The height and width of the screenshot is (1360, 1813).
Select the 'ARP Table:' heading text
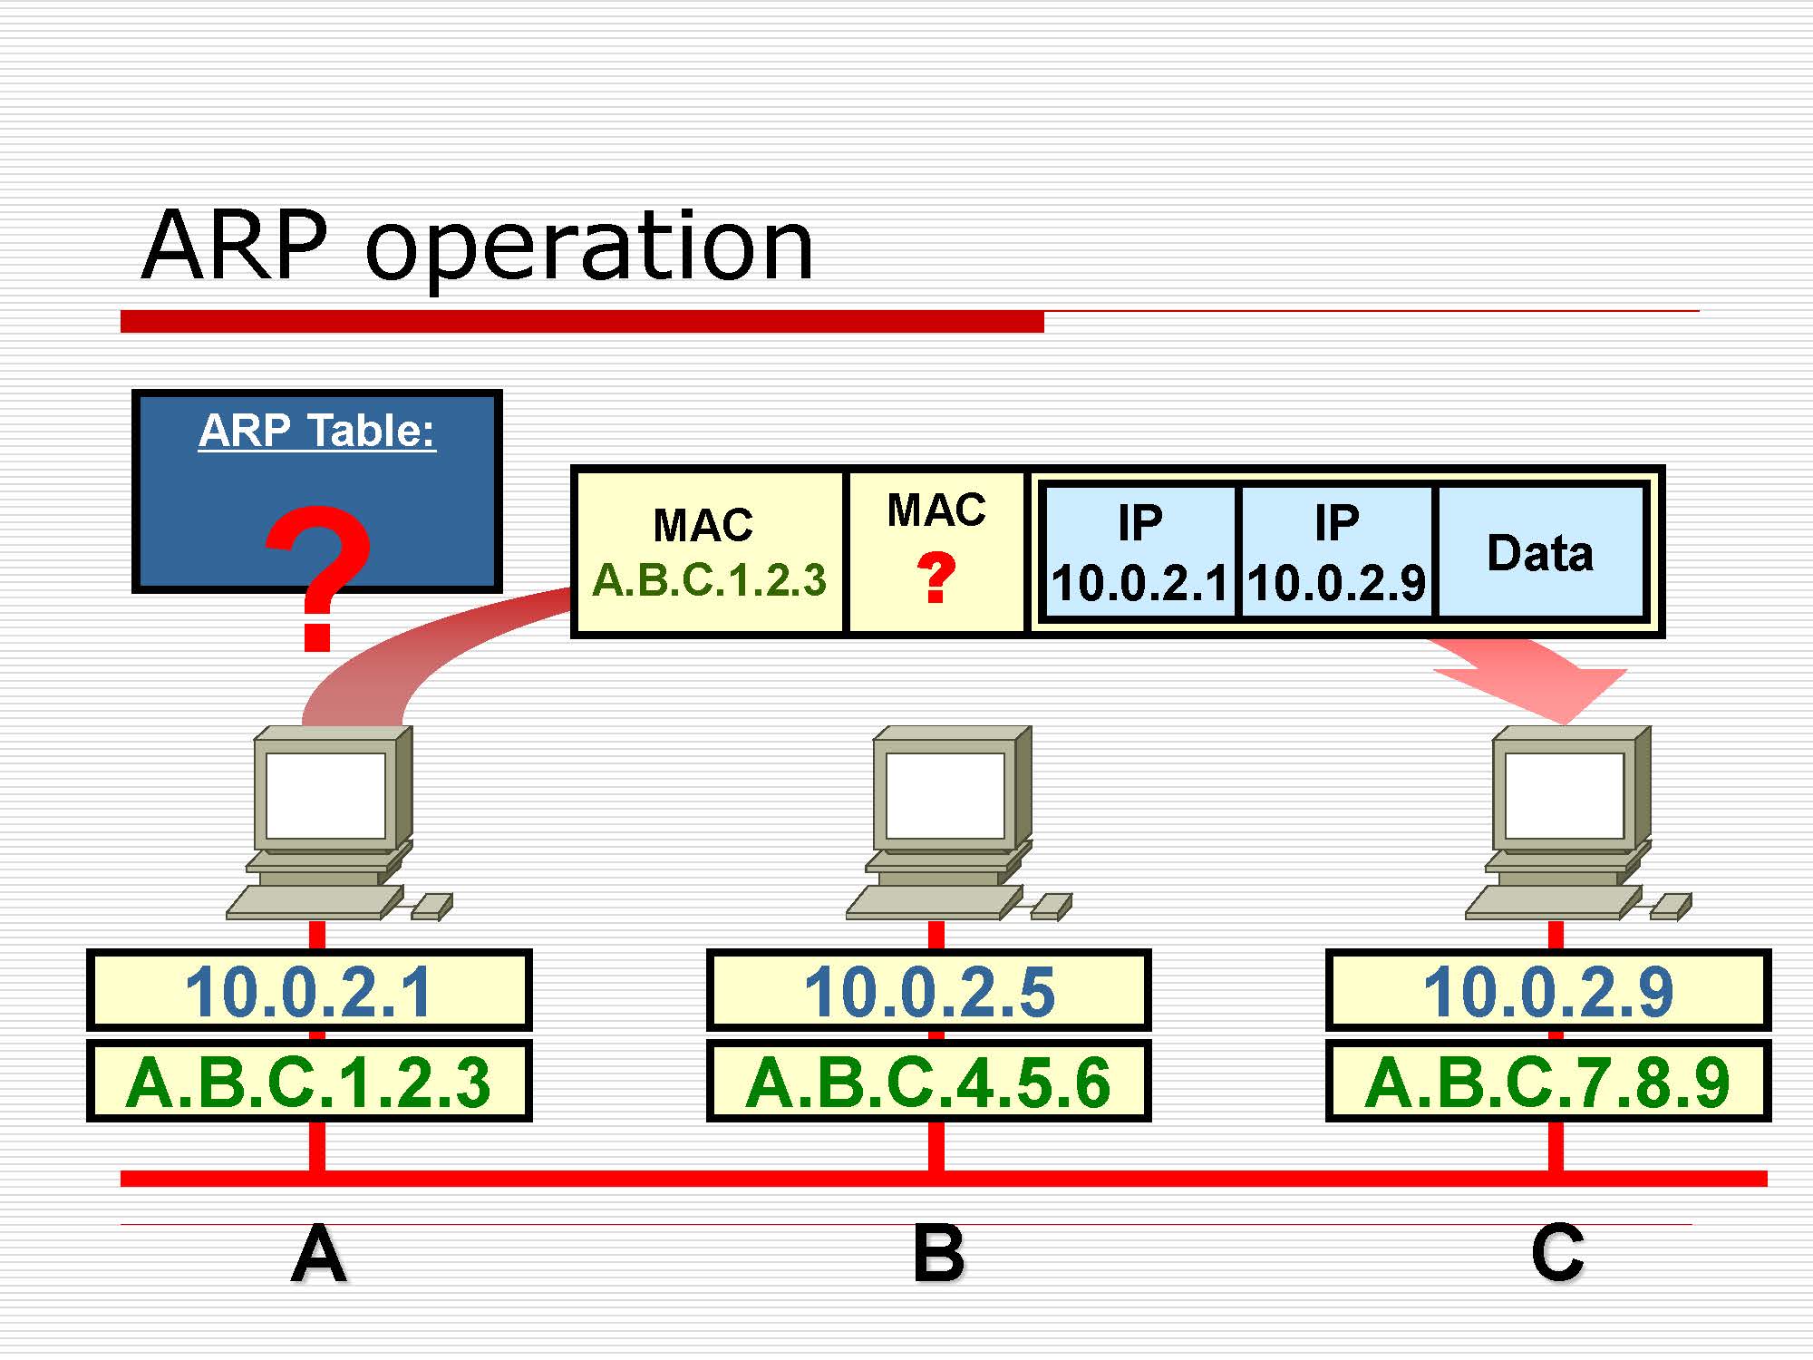tap(317, 431)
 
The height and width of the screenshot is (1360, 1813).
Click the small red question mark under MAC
tap(936, 578)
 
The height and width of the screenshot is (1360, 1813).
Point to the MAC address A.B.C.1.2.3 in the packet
tap(709, 580)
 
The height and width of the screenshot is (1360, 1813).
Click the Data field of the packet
tap(1540, 553)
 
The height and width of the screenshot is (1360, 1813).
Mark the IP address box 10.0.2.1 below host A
tap(309, 991)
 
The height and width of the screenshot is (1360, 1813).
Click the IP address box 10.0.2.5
tap(929, 991)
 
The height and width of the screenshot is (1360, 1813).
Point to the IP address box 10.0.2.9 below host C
tap(1548, 991)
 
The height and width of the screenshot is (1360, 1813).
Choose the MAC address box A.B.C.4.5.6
tap(929, 1082)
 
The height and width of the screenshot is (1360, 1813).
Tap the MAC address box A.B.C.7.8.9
tap(1548, 1082)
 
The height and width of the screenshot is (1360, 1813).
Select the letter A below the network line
tap(318, 1254)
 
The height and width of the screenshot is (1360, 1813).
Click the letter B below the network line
tap(938, 1254)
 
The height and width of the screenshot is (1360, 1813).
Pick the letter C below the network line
tap(1557, 1254)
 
